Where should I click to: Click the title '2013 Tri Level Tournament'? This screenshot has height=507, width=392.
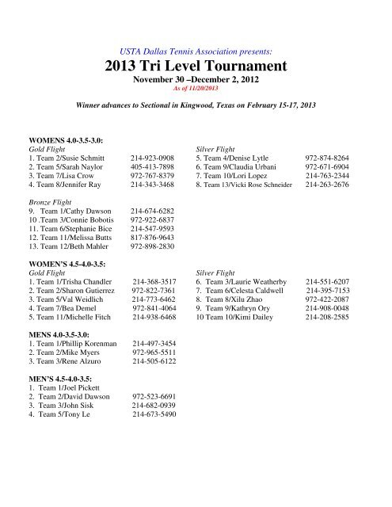coord(196,66)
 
